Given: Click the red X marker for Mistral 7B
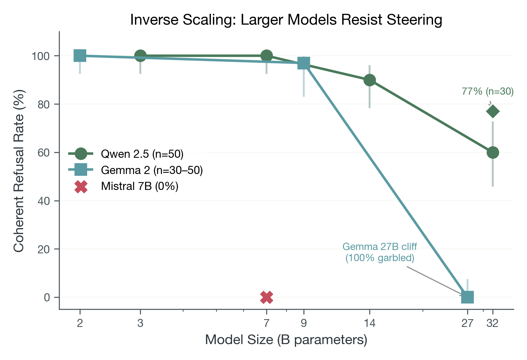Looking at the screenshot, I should (x=267, y=297).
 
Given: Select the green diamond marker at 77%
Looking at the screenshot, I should (x=493, y=111).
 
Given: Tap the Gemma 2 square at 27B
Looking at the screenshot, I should (x=467, y=297).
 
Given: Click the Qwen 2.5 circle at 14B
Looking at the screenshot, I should (x=369, y=80).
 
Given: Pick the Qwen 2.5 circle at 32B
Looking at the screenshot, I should (x=493, y=152).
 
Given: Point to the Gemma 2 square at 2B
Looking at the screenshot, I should (x=80, y=56).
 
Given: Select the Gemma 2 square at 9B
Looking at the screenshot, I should (x=303, y=63).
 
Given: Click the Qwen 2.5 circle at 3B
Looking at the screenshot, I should (x=140, y=56).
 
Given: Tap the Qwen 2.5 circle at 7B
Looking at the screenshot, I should (x=267, y=56).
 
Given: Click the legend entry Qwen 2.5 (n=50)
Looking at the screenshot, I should (x=142, y=154).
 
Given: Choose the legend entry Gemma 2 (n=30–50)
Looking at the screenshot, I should (x=152, y=170).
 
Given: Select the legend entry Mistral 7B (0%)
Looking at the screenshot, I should (x=140, y=186).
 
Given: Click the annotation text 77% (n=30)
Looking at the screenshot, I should (x=487, y=91).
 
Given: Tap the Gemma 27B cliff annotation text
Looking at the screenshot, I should (x=379, y=252).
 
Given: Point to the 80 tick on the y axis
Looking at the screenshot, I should (x=43, y=104).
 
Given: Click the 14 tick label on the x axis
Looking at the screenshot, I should (x=369, y=323).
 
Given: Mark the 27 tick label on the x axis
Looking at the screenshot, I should (x=467, y=323).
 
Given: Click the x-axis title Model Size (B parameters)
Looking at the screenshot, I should (x=286, y=340).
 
